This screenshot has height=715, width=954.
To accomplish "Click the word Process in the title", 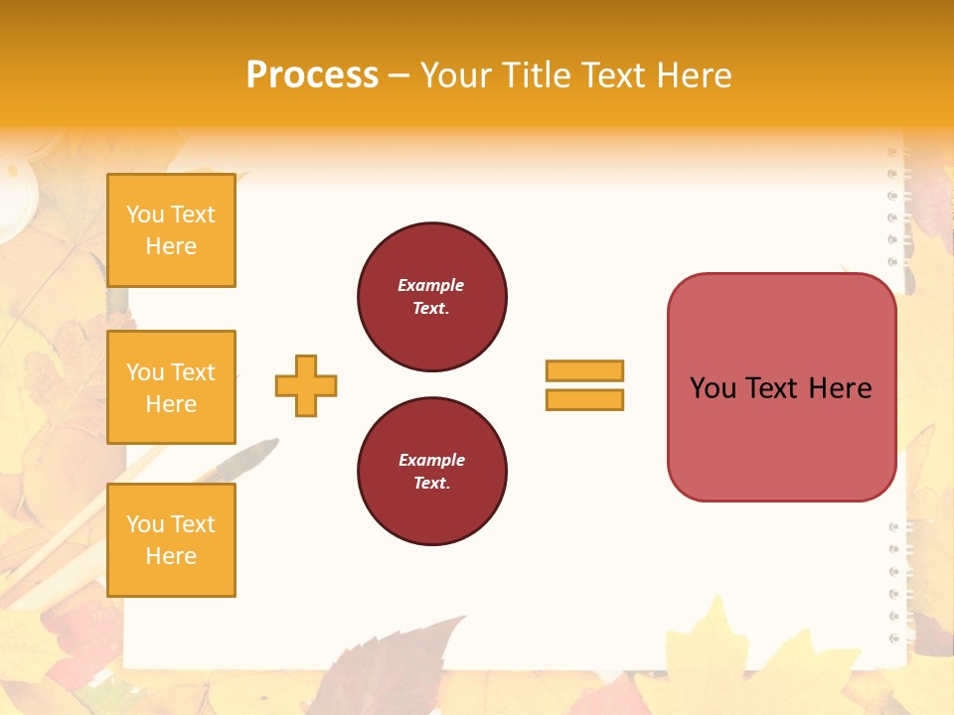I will coord(312,75).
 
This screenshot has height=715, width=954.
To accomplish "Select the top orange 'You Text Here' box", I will coord(171,230).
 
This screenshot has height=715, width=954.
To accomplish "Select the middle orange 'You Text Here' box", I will coord(171,387).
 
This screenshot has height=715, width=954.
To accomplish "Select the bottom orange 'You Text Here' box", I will coord(171,540).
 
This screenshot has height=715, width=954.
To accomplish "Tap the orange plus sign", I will coord(306,385).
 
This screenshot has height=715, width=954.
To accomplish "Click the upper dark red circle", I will coord(431,297).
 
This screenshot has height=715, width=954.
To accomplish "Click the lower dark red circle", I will coord(431,472).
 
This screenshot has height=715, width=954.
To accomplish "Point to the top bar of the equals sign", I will coord(584,370).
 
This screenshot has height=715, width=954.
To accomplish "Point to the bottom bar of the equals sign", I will coord(584,399).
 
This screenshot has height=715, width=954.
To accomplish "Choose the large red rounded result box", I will coord(781,387).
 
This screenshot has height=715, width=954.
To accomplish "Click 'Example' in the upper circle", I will coord(430,285).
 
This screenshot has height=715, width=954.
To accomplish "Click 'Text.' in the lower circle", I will coord(431,484).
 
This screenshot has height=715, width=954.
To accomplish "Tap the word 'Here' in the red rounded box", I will coord(840,388).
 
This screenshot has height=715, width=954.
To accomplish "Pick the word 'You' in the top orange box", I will coord(145,214).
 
